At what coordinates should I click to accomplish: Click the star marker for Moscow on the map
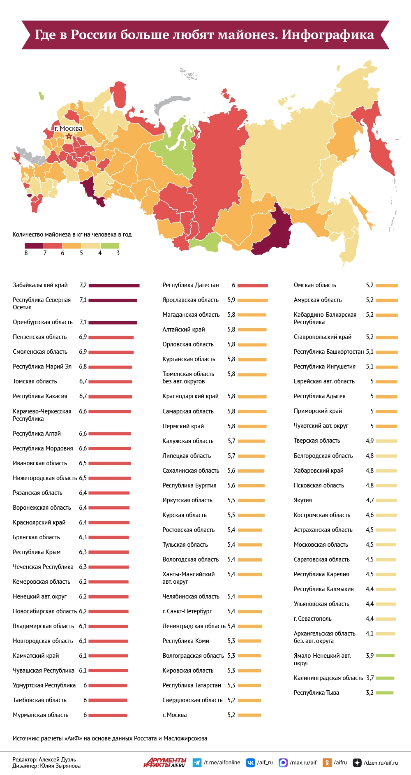pos(69,136)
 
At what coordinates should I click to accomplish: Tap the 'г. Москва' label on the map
pos(69,128)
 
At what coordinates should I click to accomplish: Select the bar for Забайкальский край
pos(114,285)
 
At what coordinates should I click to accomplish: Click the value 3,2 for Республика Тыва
pos(369,693)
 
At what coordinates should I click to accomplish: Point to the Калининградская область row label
pos(328,678)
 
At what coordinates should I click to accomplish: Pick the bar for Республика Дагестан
pos(252,285)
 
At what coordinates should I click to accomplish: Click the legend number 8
pos(26,253)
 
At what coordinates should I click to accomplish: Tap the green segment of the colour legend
pos(110,246)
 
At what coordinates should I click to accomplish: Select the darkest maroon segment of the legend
pos(34,246)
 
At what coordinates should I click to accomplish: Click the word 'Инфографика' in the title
pos(328,35)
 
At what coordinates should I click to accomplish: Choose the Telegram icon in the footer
pos(197,763)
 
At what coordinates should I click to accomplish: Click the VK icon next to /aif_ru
pos(250,763)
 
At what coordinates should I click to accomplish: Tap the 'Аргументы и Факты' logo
pos(165,762)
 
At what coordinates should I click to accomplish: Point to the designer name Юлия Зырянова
pos(60,766)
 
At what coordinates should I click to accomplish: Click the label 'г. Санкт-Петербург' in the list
pos(187,611)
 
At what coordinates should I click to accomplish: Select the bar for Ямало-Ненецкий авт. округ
pos(385,656)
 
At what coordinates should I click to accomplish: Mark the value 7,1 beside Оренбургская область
pos(83,322)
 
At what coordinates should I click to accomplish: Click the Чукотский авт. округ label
pos(321,426)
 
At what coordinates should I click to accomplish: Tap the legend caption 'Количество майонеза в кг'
pos(72,234)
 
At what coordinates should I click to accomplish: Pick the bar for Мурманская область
pos(108,715)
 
